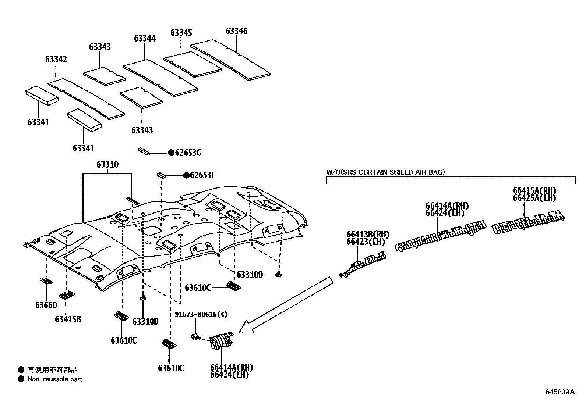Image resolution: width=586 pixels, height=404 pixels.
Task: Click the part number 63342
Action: coord(56,59)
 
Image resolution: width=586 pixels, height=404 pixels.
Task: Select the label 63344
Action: coord(145,38)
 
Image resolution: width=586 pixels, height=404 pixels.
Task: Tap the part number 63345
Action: coord(181,33)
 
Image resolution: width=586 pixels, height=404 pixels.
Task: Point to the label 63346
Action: coord(236,31)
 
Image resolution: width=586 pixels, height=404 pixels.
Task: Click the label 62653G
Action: coord(188,153)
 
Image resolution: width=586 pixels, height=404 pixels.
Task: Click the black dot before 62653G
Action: coord(171,153)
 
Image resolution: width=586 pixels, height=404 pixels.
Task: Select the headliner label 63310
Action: coord(107,164)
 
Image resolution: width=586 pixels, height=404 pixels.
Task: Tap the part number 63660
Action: coord(46,305)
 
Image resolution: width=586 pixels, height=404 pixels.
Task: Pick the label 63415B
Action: coord(68,319)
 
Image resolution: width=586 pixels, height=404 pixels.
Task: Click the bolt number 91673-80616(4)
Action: coord(201,314)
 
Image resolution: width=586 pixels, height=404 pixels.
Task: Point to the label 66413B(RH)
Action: coord(367,235)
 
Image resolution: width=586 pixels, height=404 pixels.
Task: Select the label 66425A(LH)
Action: coord(534,198)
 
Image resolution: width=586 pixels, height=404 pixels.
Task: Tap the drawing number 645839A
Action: coord(559,392)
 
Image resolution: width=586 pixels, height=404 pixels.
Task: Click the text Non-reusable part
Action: coord(55,379)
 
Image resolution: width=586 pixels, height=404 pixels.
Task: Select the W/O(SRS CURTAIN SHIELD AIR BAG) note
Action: coord(385,172)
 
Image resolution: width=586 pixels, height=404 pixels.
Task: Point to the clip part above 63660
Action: coord(46,281)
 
